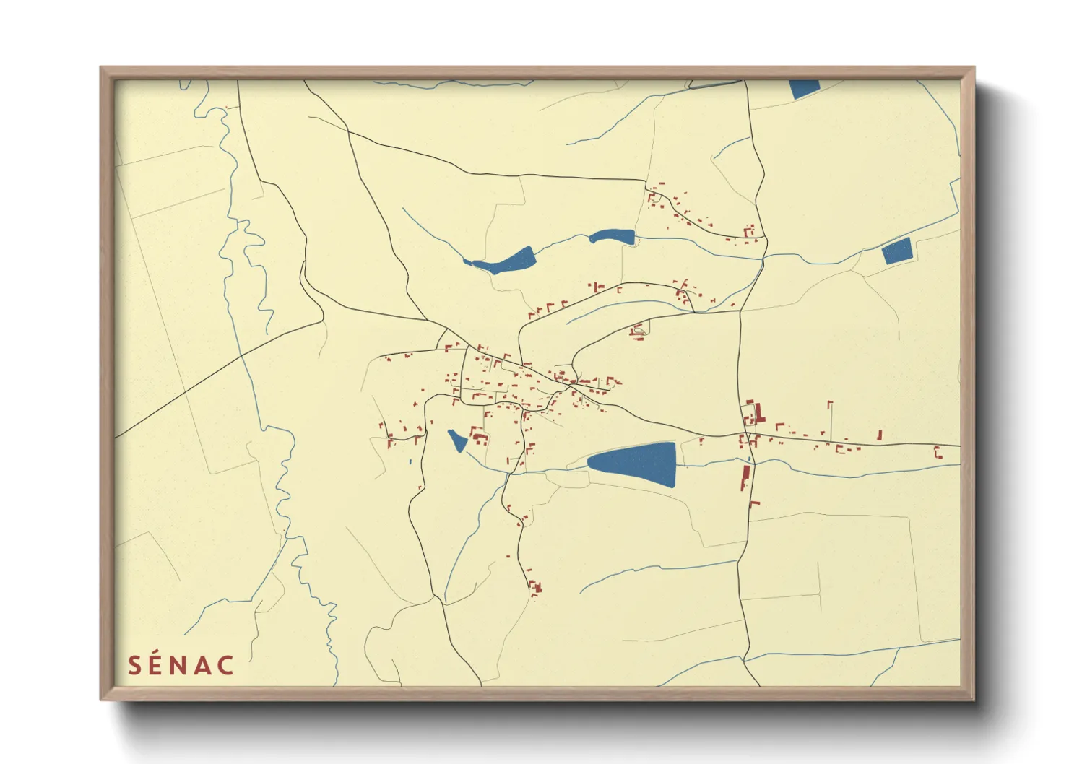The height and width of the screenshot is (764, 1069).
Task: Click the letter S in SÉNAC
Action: coord(134,665)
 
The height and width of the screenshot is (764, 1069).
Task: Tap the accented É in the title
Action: coord(159,665)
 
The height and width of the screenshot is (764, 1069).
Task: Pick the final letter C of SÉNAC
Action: coord(226,665)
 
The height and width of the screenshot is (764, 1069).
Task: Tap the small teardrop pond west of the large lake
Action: coord(457,440)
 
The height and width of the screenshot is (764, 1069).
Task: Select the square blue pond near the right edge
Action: coord(897,251)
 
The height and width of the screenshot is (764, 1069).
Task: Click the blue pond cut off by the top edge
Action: coord(804,88)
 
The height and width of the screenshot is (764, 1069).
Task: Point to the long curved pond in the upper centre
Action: coord(506,262)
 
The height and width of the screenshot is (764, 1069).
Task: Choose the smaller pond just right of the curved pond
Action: coord(613,236)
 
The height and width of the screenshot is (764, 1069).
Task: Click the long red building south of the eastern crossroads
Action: coord(745,477)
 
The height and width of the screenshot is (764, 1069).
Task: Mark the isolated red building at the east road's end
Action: coord(938,453)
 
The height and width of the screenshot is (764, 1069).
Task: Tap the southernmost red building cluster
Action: coord(535,589)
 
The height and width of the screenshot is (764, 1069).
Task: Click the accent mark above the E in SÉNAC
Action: coord(160,652)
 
